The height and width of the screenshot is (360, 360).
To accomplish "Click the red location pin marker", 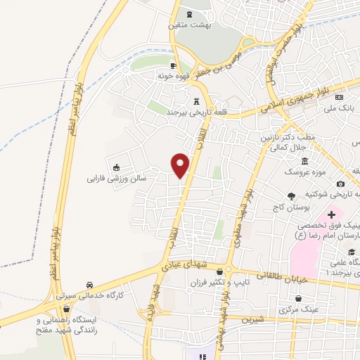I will click(181, 165).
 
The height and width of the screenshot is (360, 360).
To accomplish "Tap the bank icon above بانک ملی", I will click(339, 97).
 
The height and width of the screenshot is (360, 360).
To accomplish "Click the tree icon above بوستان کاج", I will click(292, 196).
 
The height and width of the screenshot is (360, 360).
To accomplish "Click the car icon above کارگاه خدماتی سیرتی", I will click(90, 284).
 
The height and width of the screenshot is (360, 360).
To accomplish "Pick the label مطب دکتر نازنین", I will click(285, 138).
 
